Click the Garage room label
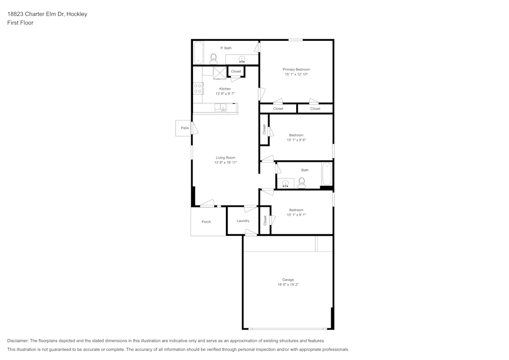click(x=288, y=280)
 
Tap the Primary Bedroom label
click(x=296, y=69)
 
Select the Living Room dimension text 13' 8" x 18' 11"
click(x=225, y=162)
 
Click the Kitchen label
click(x=225, y=89)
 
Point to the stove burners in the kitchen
click(x=198, y=89)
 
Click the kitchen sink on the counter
click(x=221, y=107)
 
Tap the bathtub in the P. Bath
click(x=198, y=52)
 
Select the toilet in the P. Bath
click(x=213, y=59)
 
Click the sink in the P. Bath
click(x=241, y=59)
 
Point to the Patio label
click(x=185, y=128)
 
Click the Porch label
click(x=206, y=221)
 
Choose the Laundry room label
click(x=243, y=221)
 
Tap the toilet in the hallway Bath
click(x=302, y=183)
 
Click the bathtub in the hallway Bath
click(x=327, y=174)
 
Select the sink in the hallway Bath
click(x=286, y=184)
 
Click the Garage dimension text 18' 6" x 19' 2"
click(x=288, y=284)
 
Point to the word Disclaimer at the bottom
click(x=18, y=341)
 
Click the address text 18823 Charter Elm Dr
click(x=36, y=14)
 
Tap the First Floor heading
click(x=20, y=23)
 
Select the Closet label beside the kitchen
click(x=236, y=71)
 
